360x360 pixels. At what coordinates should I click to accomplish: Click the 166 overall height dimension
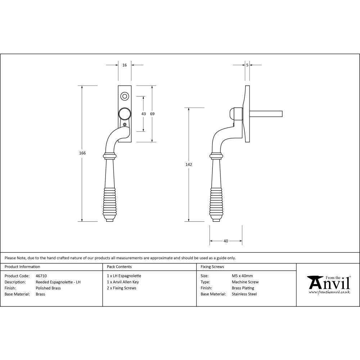tap(82, 153)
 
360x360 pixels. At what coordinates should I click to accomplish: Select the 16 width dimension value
tap(125, 65)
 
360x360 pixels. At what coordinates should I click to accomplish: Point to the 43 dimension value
tap(144, 114)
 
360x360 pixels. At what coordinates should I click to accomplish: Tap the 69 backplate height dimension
tap(152, 114)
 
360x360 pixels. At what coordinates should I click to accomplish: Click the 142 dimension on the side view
tap(189, 165)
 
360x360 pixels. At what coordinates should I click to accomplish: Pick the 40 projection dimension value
tap(226, 241)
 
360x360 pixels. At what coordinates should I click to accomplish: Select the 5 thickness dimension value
tap(247, 65)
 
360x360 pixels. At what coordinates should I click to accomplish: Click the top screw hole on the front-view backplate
tap(125, 96)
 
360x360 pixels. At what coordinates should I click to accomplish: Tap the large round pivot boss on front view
tap(125, 114)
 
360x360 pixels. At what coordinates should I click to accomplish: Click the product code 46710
tap(41, 276)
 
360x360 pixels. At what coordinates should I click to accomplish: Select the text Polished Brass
tap(48, 288)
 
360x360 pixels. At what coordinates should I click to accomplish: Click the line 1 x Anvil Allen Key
tap(123, 282)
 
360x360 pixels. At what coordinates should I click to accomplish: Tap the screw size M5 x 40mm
tap(242, 276)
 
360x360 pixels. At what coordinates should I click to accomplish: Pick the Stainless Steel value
tap(244, 294)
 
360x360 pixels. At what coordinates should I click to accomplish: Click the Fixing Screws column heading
tap(212, 267)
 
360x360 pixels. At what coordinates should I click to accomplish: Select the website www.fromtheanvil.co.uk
tap(329, 292)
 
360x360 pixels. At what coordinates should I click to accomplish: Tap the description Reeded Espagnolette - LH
tap(58, 282)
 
